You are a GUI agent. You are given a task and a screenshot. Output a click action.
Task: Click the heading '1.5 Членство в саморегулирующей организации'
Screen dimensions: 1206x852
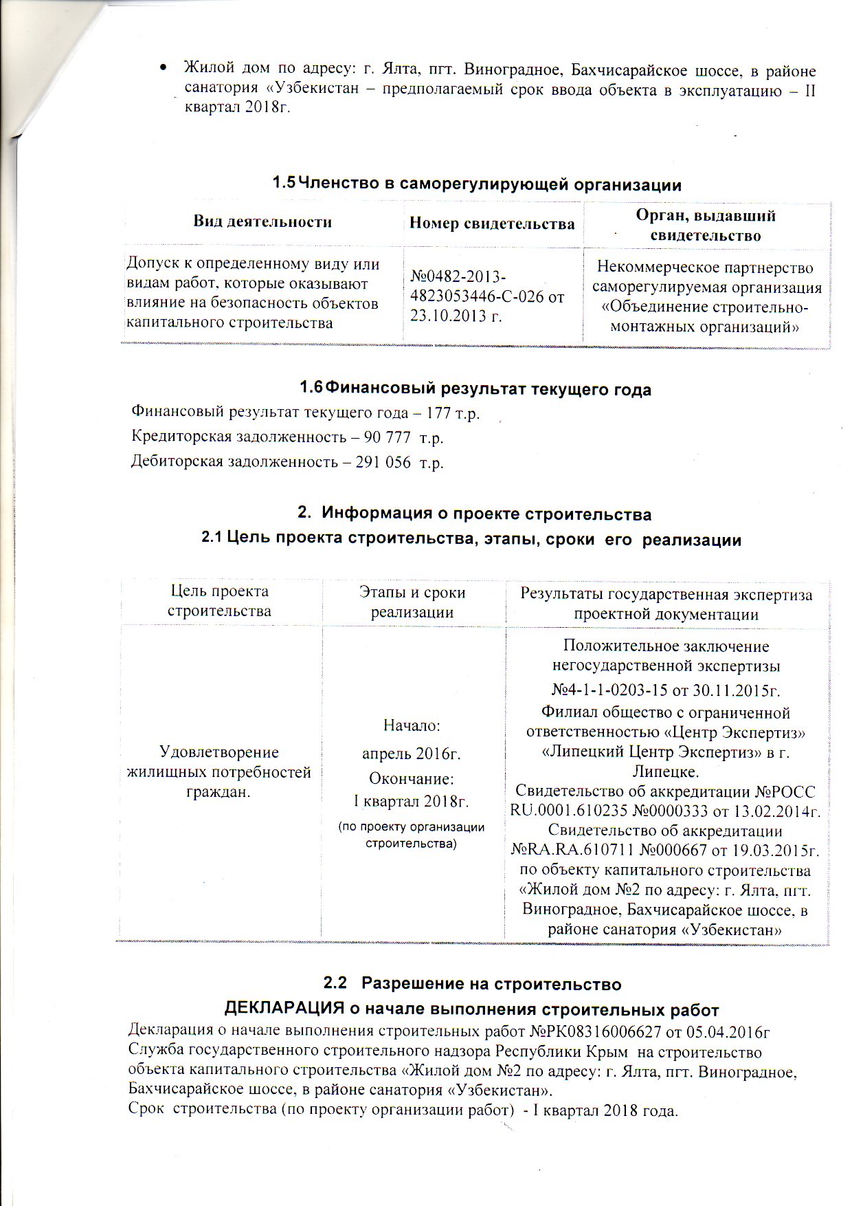(x=476, y=184)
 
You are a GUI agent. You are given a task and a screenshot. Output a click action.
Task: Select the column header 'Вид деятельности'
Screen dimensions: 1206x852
(x=262, y=222)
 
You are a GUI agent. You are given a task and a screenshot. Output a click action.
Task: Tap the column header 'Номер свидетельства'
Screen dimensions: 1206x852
(x=492, y=223)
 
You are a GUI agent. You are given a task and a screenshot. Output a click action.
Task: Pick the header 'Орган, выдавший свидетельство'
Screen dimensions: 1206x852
(x=706, y=225)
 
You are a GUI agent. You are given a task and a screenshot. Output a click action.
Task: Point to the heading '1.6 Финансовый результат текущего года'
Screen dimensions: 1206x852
(x=475, y=389)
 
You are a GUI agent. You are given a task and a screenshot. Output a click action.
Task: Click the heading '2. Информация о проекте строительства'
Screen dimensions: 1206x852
(x=474, y=514)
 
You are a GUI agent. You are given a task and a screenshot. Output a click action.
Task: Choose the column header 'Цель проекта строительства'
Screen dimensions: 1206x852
(x=220, y=601)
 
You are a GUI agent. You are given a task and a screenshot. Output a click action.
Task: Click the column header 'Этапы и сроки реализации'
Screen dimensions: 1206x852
(x=412, y=602)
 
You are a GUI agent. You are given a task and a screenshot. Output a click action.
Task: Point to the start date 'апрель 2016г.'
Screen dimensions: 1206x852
(x=412, y=754)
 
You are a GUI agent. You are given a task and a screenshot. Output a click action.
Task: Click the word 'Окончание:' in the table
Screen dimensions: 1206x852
(x=412, y=779)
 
